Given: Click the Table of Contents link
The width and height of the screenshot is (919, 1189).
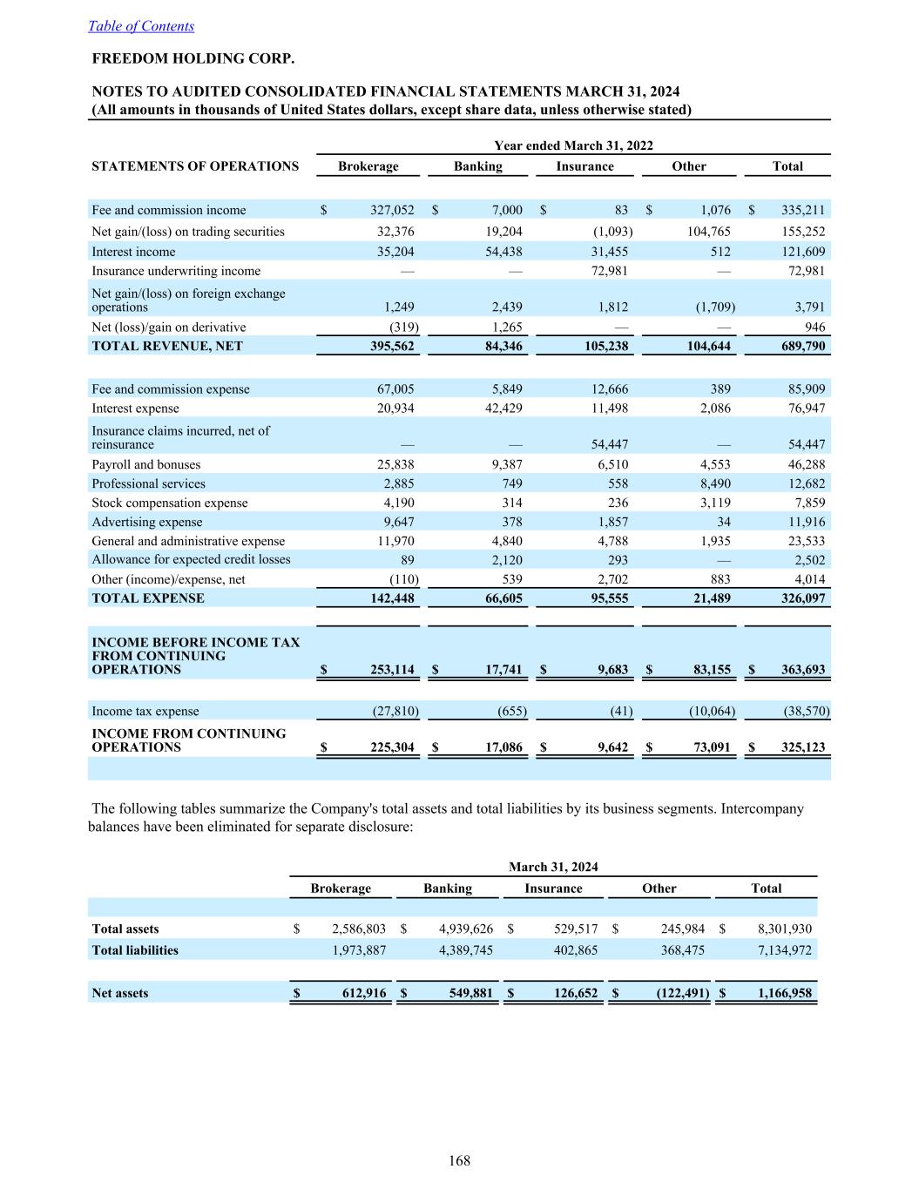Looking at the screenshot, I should [x=141, y=26].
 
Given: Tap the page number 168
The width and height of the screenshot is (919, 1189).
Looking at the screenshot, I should [x=459, y=1160].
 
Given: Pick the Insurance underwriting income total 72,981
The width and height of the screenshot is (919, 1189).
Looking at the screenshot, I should [x=806, y=271].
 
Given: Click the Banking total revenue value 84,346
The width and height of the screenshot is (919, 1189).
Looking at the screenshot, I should [x=501, y=346].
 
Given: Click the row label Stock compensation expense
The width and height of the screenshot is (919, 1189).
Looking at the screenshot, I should [x=170, y=503].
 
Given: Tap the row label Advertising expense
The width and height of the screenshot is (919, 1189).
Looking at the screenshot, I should [x=147, y=522].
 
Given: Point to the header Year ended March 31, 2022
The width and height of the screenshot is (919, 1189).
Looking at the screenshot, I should [x=573, y=145].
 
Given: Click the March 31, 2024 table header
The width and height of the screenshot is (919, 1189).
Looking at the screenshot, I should [x=553, y=867].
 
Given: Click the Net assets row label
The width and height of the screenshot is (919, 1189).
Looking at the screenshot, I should [x=120, y=993].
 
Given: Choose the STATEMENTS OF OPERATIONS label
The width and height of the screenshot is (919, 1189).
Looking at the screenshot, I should [x=195, y=166].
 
